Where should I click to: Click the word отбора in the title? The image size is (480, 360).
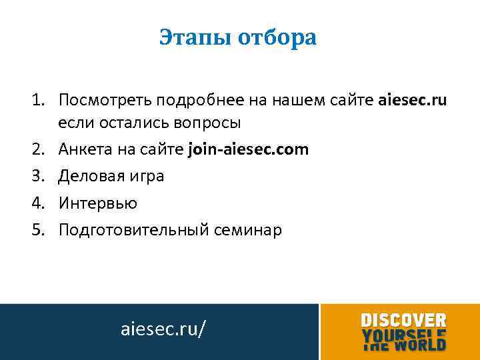[x=279, y=37]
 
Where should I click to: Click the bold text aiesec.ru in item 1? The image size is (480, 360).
[x=413, y=101]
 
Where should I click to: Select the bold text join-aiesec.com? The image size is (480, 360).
[x=249, y=149]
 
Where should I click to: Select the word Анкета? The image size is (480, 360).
[x=82, y=149]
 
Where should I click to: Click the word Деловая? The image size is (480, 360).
[x=86, y=177]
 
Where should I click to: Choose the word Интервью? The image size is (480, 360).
[x=97, y=203]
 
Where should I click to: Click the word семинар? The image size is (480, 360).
[x=247, y=230]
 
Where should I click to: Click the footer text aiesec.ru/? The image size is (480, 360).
[x=163, y=329]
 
